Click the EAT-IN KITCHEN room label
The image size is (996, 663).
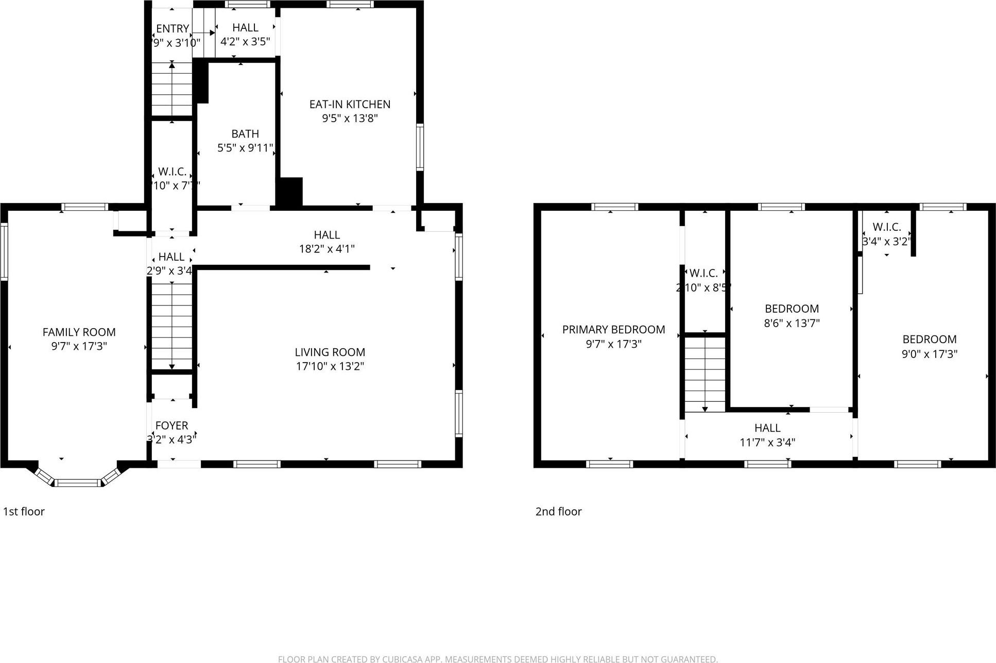click(350, 104)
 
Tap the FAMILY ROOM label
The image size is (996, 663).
click(79, 332)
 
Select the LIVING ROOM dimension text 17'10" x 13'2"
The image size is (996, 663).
click(330, 366)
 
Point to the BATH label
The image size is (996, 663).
click(245, 134)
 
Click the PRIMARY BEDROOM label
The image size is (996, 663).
click(613, 330)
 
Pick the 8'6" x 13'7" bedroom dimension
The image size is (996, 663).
click(792, 323)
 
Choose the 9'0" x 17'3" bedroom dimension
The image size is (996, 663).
click(929, 354)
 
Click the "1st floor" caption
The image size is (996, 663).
click(24, 512)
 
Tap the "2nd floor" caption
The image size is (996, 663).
click(558, 512)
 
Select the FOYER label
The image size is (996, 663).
click(171, 426)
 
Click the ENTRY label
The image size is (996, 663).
click(173, 29)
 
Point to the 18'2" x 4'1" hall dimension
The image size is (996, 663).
click(327, 249)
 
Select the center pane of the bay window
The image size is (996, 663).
click(78, 483)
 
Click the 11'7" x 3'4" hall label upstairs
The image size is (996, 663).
click(767, 442)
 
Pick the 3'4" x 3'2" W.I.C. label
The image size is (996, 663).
click(886, 241)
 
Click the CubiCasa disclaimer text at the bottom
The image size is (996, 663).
click(497, 659)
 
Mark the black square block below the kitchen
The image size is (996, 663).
click(289, 192)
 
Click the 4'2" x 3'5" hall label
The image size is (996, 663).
click(245, 42)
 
